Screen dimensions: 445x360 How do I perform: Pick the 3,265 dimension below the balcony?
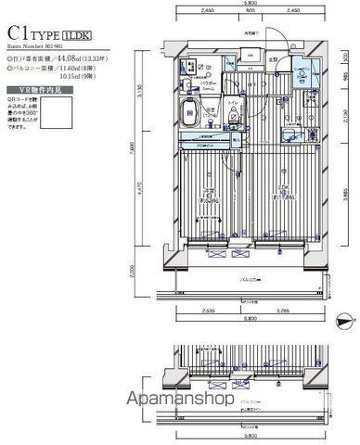[x=281, y=312]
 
